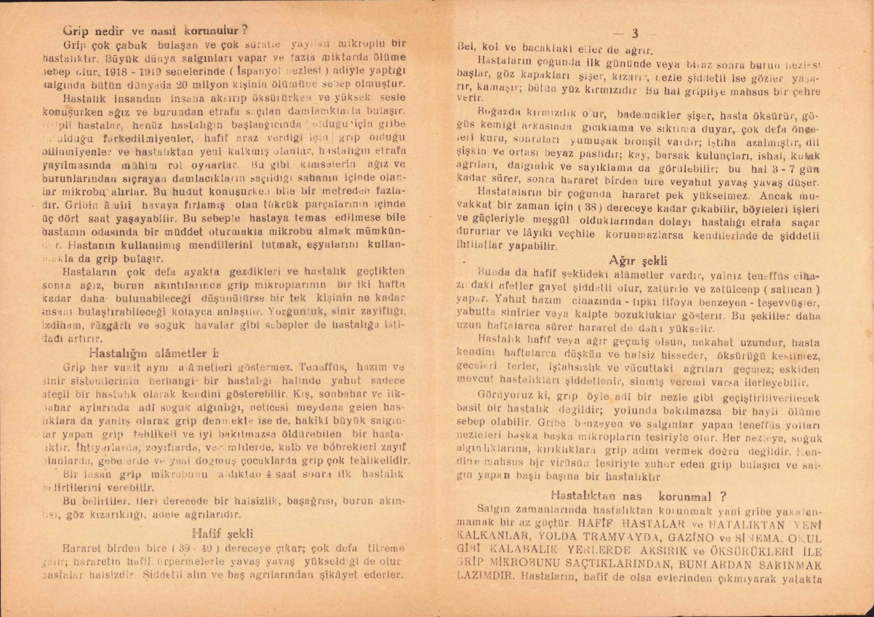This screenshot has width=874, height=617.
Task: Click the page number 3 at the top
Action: [x=635, y=33]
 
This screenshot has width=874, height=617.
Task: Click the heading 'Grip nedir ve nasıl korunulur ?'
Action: [x=156, y=30]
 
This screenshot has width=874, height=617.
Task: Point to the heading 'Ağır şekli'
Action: [x=638, y=260]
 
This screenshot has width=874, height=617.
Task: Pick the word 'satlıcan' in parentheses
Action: [x=791, y=290]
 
